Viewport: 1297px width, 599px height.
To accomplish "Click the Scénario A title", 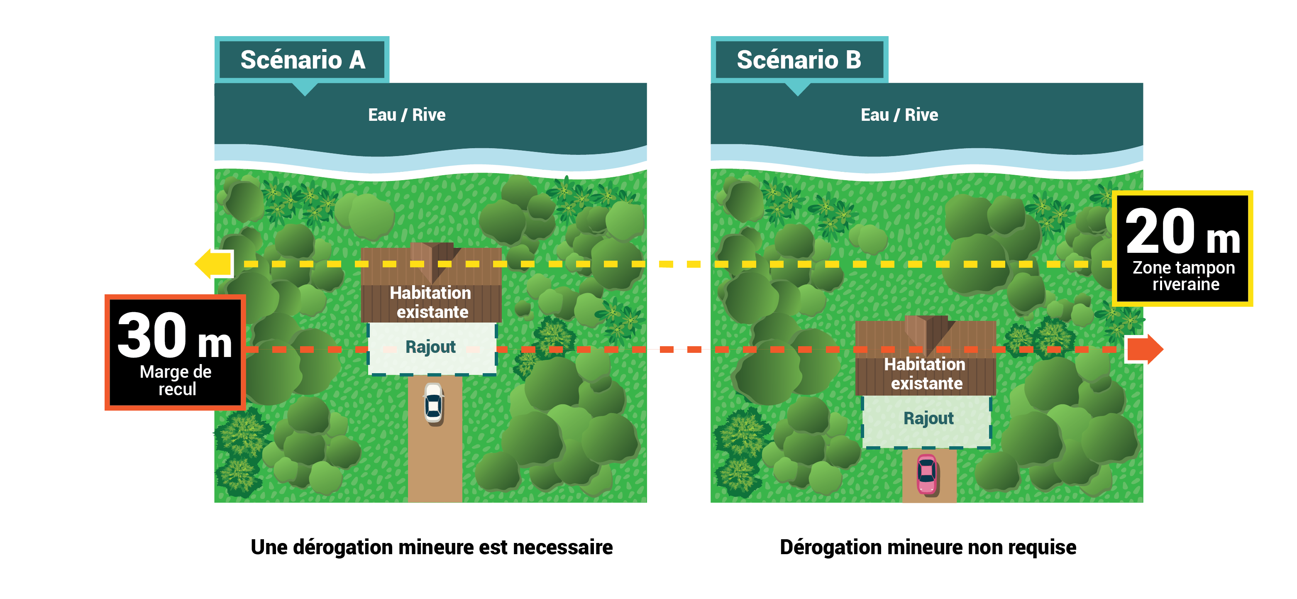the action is (303, 59).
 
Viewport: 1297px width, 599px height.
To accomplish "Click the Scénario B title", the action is (799, 59).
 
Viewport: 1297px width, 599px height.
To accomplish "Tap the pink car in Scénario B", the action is (926, 474).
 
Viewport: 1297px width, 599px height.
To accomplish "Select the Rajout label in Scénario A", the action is (430, 347).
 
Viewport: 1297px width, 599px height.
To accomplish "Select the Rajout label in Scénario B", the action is (928, 418).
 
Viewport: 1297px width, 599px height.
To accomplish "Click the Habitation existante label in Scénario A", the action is (431, 302).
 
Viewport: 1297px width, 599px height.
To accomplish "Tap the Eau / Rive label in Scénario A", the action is (407, 115).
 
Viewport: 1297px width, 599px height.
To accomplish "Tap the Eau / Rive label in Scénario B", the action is (899, 115).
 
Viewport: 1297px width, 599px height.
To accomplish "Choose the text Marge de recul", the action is (176, 380).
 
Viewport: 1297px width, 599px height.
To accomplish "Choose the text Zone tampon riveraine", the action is (1184, 276).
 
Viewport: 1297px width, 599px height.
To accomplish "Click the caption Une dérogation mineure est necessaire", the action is (432, 547).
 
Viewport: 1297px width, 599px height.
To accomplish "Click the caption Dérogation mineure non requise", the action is (928, 547).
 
